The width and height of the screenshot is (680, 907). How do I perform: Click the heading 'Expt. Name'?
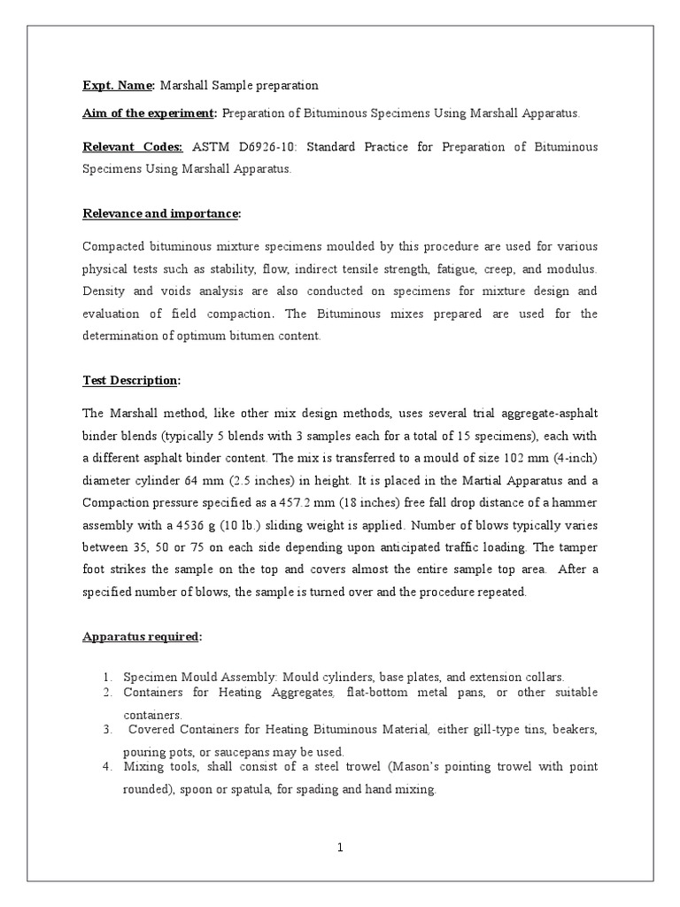[x=118, y=85]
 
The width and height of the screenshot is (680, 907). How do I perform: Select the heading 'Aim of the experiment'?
[x=149, y=113]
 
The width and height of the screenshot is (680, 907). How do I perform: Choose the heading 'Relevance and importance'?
[x=161, y=213]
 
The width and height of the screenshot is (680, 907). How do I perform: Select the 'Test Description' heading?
[x=130, y=380]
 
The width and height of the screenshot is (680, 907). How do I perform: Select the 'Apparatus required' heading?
[x=142, y=637]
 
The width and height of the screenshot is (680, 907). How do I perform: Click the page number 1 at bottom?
[x=340, y=848]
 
